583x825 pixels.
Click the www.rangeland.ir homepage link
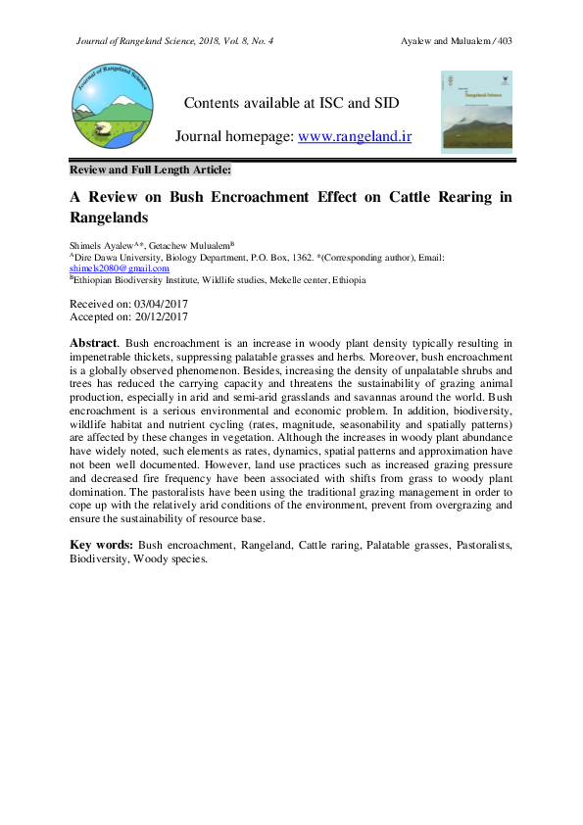354,137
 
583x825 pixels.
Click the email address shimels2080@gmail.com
119,267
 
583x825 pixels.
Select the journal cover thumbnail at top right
476,111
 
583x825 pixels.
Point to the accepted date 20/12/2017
156,317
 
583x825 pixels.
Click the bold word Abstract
93,344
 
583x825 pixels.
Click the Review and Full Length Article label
150,170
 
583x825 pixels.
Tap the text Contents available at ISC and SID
291,103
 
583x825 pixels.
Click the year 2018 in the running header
207,40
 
